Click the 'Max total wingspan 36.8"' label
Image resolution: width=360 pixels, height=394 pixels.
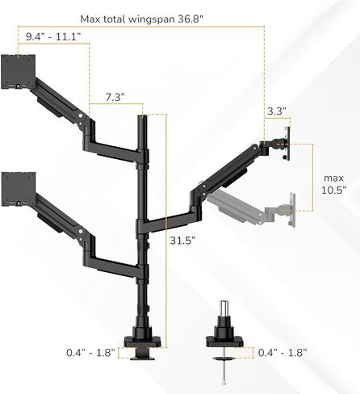coord(141,19)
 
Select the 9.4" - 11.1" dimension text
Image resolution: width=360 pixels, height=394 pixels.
coord(53,36)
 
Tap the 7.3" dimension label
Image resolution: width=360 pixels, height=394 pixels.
coord(115,97)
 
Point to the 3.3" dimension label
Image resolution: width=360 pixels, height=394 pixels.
coord(277,111)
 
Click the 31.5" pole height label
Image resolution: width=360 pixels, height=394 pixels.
coord(182,241)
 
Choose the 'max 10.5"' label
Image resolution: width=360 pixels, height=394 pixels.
coord(333,184)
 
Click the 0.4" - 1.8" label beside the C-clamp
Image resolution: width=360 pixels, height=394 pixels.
coord(90,353)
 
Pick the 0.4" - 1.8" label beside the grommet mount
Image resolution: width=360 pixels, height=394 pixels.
coord(283,353)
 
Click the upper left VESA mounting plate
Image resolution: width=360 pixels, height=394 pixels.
coord(19,71)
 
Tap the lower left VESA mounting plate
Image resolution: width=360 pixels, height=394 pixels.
coord(19,189)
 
